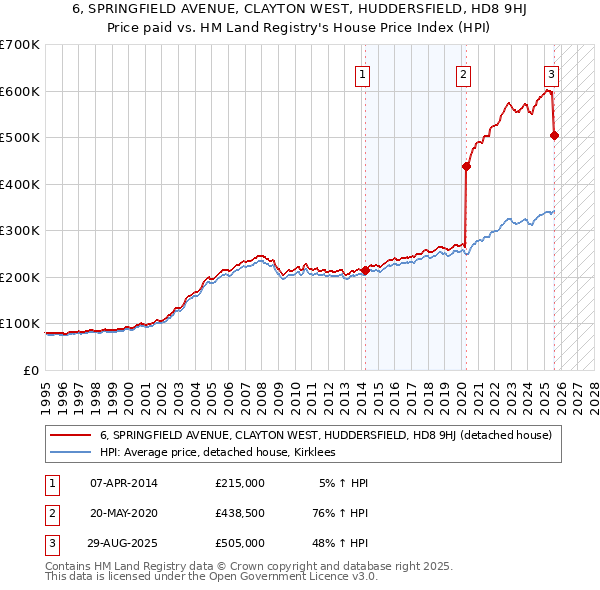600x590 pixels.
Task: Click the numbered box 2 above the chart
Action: [464, 73]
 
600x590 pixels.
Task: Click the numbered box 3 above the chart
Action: [551, 73]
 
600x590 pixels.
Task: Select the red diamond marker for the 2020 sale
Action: [466, 167]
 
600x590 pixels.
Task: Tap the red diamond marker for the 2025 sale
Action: [555, 136]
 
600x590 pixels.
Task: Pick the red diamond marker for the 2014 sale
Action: [365, 270]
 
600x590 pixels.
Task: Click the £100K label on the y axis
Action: [20, 324]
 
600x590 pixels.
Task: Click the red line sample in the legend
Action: [70, 435]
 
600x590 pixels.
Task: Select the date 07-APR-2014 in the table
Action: [124, 483]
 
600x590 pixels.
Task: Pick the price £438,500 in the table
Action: [240, 512]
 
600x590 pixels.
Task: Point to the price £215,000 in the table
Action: [240, 483]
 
